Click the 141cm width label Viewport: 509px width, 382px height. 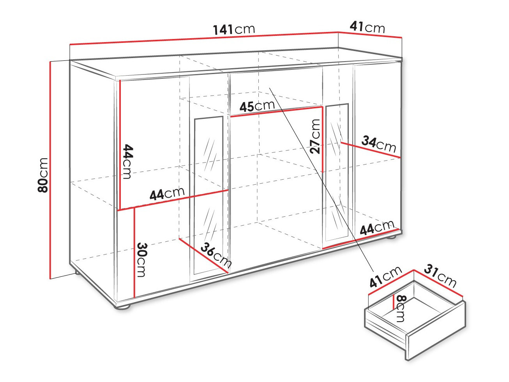tap(234, 30)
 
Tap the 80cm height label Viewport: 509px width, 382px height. tap(42, 175)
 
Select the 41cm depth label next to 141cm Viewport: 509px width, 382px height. tap(367, 27)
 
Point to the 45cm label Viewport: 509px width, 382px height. tap(257, 106)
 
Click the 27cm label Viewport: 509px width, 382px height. tap(316, 136)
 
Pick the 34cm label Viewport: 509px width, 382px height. tap(379, 144)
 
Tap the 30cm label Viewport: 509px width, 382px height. tap(141, 260)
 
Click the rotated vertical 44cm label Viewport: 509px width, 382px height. tap(127, 162)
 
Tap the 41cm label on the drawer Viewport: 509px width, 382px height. tap(385, 277)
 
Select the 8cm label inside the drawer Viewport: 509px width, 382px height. tap(401, 308)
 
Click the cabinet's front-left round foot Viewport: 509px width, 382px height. tap(122, 306)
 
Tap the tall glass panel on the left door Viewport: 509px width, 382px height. tap(209, 195)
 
